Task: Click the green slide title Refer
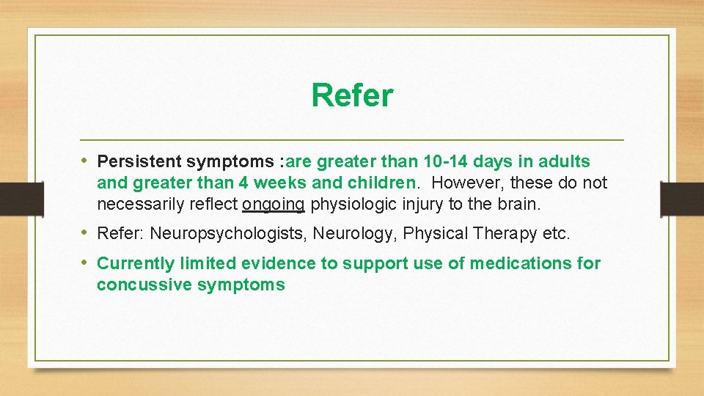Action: tap(352, 95)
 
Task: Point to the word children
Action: tap(384, 183)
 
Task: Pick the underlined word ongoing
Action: tap(273, 204)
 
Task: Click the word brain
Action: tap(520, 204)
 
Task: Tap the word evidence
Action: tap(275, 263)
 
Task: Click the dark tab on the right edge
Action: tap(682, 198)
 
